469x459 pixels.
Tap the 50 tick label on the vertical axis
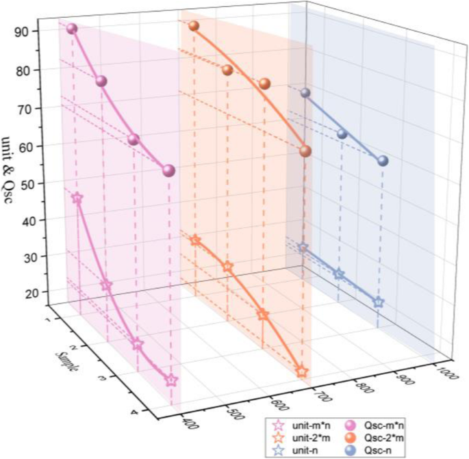[23, 183]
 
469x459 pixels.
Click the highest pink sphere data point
[72, 29]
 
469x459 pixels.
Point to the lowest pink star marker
[171, 380]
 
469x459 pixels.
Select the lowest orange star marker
[302, 371]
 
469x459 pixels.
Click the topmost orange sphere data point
[194, 26]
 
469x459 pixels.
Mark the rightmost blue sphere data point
[383, 161]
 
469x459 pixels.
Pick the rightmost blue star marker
[378, 302]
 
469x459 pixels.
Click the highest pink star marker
[77, 198]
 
